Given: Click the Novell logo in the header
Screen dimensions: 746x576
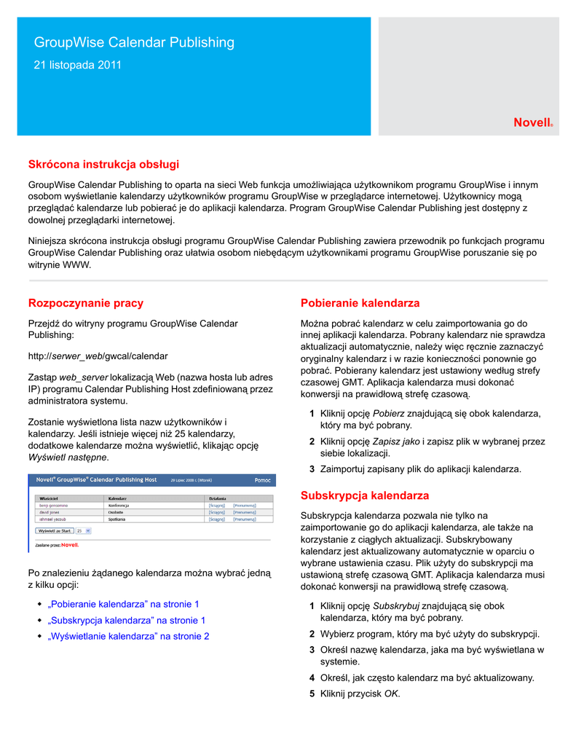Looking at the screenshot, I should click(x=532, y=123).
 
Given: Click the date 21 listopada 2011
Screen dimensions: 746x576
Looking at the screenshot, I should click(x=78, y=66).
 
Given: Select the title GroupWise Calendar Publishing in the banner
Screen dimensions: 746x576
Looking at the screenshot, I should click(x=135, y=42).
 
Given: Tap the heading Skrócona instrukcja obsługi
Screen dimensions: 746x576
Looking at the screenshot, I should click(x=103, y=165).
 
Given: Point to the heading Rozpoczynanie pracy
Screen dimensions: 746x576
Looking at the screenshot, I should click(x=86, y=303).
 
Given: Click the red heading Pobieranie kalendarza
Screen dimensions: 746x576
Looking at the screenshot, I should click(x=360, y=303).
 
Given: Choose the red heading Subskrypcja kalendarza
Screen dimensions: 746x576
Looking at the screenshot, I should click(x=365, y=496).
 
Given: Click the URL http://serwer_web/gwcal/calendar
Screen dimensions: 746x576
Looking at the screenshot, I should click(x=98, y=356).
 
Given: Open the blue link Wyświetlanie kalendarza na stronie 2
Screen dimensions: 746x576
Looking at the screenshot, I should click(x=128, y=636).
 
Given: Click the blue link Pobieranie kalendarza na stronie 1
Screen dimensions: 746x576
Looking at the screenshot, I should click(x=123, y=604).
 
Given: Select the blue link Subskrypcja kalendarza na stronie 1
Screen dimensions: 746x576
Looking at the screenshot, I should click(x=126, y=620).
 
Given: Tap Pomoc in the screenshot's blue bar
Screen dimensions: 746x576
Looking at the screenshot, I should click(x=262, y=480).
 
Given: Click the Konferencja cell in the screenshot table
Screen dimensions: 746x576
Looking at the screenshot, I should click(x=119, y=504).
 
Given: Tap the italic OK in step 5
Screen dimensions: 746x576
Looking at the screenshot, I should click(x=391, y=694).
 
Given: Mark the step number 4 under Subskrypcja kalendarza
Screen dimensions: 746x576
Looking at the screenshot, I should click(x=312, y=678).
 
